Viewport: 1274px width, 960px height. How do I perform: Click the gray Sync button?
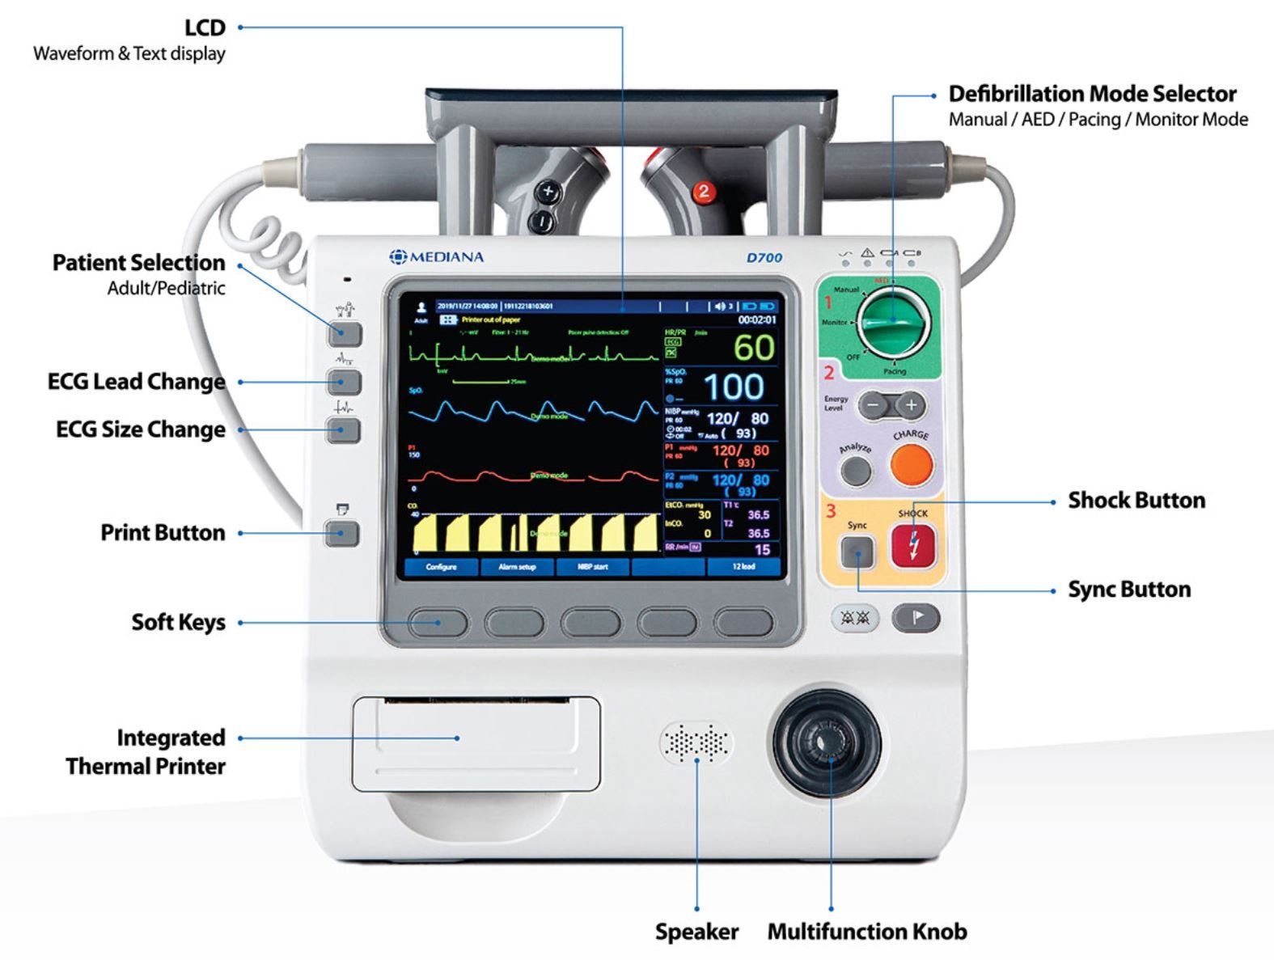[x=857, y=553]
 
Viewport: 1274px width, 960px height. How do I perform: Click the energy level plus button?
[x=912, y=404]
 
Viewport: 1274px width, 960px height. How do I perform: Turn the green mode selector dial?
[x=893, y=321]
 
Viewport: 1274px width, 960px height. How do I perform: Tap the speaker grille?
[x=696, y=742]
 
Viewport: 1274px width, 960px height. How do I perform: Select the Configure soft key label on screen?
[x=441, y=567]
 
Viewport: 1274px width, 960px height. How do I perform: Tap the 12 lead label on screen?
[x=743, y=567]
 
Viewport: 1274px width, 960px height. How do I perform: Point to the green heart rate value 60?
[x=754, y=348]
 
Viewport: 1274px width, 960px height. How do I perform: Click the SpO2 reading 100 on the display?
[x=733, y=387]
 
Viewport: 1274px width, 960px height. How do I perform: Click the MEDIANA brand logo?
[x=437, y=257]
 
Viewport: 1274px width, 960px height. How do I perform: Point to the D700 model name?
[x=764, y=258]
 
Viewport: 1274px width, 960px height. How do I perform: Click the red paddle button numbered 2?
[x=703, y=192]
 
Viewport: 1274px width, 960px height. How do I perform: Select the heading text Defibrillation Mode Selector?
[x=1092, y=94]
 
